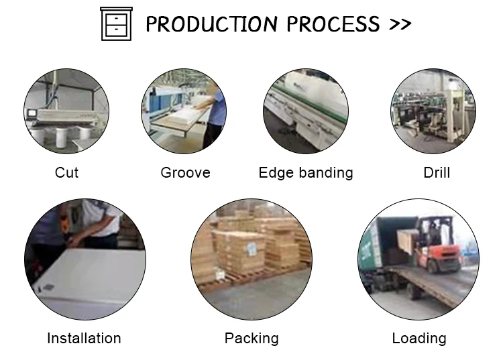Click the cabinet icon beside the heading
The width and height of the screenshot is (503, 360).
(115, 24)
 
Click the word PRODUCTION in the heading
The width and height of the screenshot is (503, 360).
(213, 25)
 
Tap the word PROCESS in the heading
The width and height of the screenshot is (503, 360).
(333, 25)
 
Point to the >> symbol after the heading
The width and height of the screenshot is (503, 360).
(400, 25)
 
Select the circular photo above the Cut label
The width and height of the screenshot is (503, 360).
(66, 111)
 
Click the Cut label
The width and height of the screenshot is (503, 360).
(66, 173)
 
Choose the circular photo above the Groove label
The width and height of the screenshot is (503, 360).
(184, 111)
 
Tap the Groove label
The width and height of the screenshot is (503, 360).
(185, 173)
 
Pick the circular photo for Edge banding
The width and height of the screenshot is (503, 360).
(305, 111)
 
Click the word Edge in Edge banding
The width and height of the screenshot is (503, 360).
(276, 173)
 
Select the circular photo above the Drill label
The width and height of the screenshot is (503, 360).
(433, 111)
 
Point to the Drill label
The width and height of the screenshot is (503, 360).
(437, 173)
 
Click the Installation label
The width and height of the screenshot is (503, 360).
(84, 339)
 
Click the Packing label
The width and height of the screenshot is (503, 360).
(251, 339)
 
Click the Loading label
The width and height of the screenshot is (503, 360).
(419, 339)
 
